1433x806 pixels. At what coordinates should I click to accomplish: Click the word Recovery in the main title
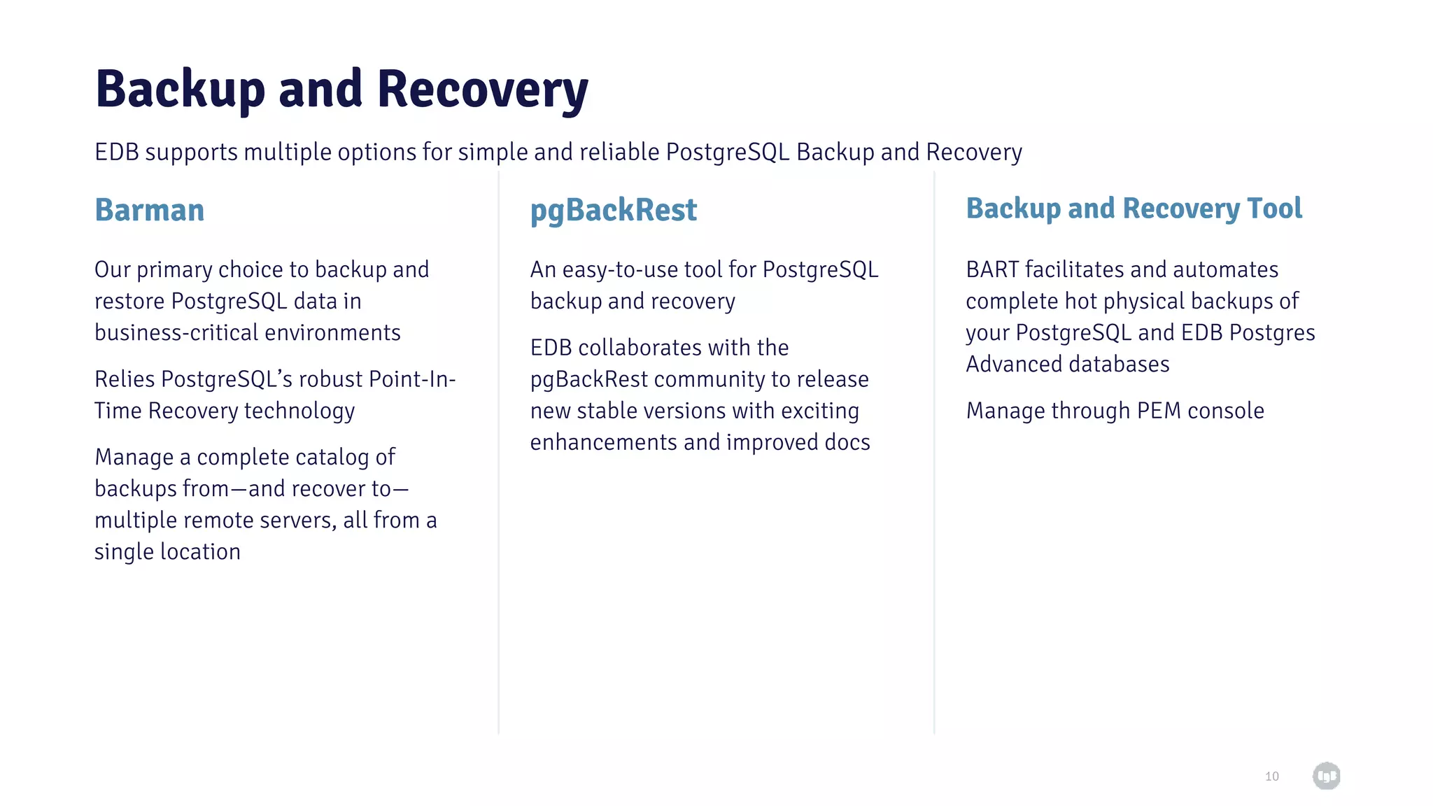[x=482, y=90]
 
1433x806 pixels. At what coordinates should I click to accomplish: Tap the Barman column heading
[x=149, y=210]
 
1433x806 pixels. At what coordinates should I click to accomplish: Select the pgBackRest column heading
[x=613, y=210]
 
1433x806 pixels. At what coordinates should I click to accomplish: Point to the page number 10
[x=1271, y=776]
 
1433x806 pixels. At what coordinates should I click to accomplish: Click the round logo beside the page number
[x=1326, y=775]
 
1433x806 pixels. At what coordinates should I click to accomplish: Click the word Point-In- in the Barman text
[x=412, y=379]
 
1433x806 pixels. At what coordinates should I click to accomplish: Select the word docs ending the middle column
[x=847, y=442]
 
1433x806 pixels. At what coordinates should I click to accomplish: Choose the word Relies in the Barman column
[x=125, y=379]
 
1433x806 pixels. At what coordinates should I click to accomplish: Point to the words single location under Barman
[x=167, y=551]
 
